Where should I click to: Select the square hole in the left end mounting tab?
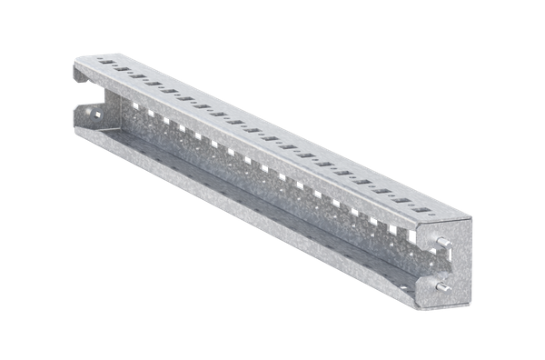(91, 113)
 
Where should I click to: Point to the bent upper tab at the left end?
(83, 73)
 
